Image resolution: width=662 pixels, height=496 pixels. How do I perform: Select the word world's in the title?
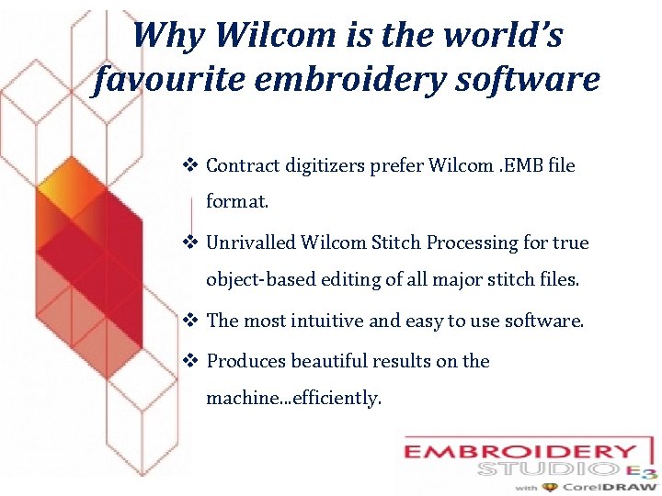click(505, 36)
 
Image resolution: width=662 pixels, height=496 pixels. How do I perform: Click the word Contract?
click(240, 165)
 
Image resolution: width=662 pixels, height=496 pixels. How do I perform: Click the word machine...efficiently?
click(293, 399)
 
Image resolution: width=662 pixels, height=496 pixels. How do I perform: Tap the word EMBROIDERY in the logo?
click(519, 453)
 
